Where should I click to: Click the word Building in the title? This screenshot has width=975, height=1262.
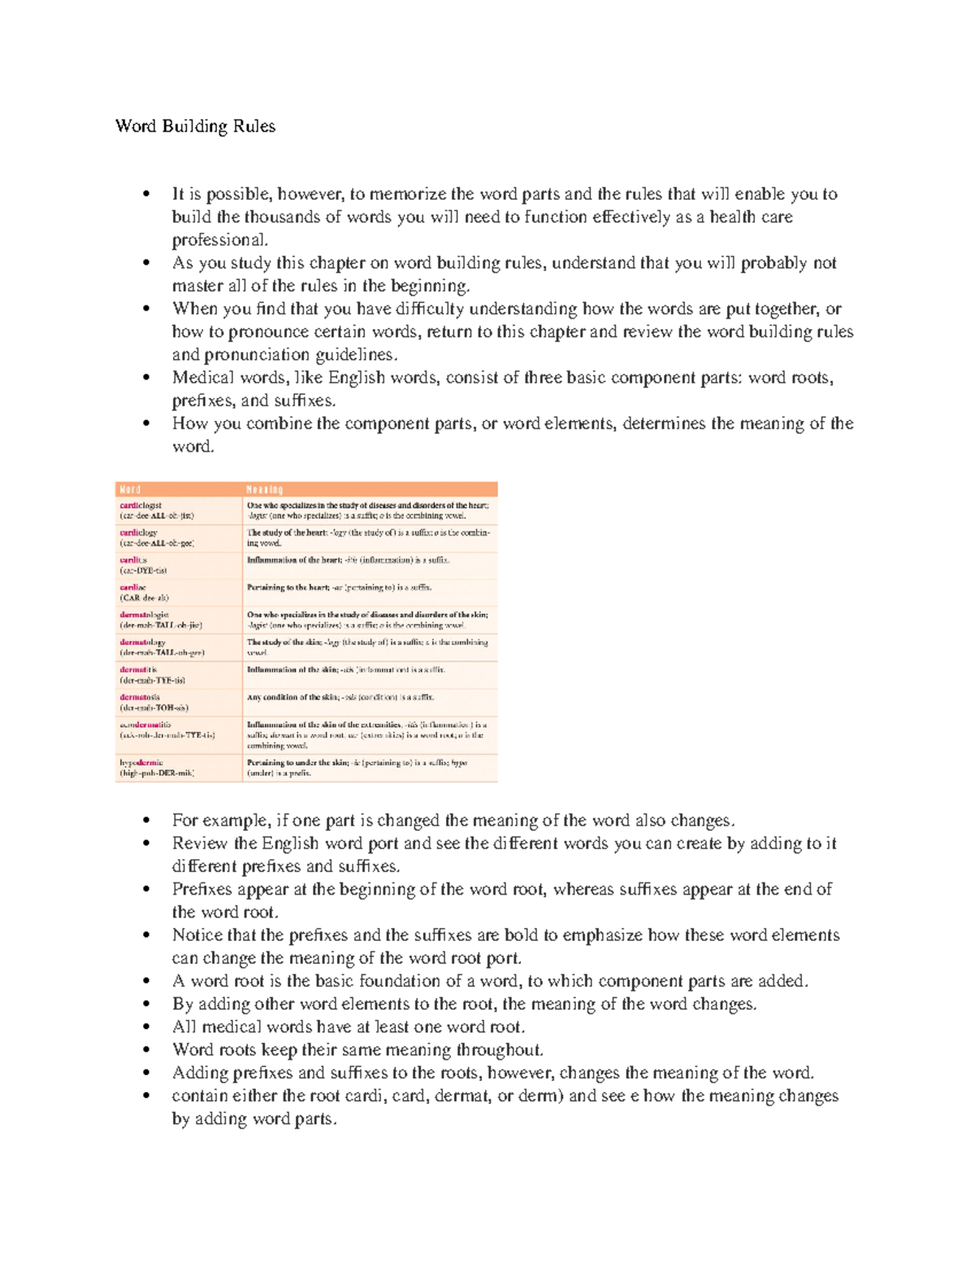click(194, 126)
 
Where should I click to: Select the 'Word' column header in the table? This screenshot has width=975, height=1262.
click(130, 489)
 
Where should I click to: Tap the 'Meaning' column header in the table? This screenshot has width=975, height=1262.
click(264, 489)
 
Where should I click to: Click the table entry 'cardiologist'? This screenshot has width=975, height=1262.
click(141, 505)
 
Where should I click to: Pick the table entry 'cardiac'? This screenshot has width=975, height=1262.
click(132, 587)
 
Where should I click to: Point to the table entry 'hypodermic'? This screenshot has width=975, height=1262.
click(141, 763)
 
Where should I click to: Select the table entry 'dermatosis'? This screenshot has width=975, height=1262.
click(140, 697)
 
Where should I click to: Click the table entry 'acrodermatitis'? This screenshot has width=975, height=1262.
click(145, 724)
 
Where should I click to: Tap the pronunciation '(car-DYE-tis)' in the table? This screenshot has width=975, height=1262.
click(143, 570)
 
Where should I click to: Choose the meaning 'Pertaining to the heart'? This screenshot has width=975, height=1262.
click(289, 587)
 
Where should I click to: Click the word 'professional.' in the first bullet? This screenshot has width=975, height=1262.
click(219, 240)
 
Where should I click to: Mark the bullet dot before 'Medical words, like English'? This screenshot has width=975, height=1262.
click(146, 378)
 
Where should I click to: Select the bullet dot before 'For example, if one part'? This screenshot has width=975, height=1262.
click(146, 821)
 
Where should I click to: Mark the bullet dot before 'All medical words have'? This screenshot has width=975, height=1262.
click(146, 1027)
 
